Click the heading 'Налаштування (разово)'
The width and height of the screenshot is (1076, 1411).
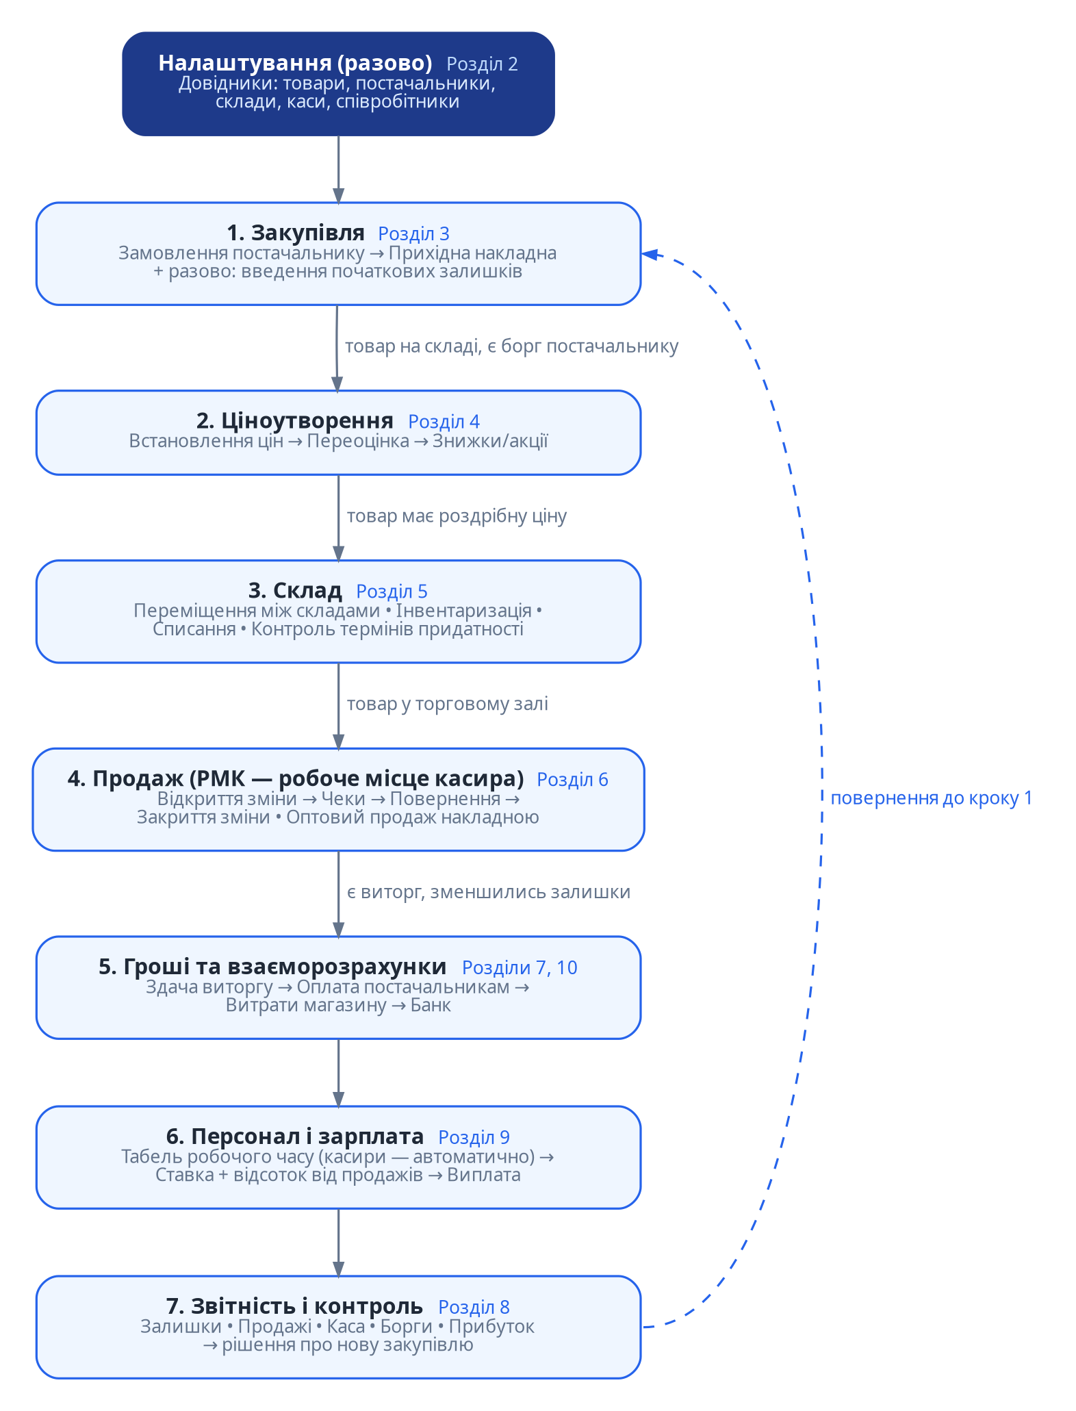(295, 63)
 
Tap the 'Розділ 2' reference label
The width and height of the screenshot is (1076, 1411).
(482, 64)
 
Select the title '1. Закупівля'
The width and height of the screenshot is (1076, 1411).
(296, 233)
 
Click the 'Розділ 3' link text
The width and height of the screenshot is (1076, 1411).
(413, 233)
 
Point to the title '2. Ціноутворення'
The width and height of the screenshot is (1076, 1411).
(295, 420)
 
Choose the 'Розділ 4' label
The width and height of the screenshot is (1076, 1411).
(444, 421)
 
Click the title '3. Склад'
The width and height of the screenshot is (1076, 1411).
(295, 590)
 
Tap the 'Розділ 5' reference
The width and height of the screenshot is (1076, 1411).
(392, 591)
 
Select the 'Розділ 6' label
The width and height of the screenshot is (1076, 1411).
(572, 779)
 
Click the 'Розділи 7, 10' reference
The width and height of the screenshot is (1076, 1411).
(520, 967)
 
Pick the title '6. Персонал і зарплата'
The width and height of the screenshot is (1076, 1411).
(295, 1136)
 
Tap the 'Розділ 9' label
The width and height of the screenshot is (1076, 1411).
(474, 1137)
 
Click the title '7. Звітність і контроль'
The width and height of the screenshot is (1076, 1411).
(294, 1306)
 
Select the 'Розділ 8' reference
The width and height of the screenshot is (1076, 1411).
(474, 1307)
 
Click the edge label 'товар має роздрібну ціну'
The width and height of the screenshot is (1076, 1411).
(457, 516)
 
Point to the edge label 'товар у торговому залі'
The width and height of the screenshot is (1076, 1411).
(447, 704)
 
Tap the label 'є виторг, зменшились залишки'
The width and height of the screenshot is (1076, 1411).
(488, 892)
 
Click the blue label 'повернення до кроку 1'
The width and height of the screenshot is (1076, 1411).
(931, 798)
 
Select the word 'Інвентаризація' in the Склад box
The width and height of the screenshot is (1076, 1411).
(463, 610)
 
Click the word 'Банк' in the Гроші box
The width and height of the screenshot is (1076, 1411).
(431, 1005)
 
